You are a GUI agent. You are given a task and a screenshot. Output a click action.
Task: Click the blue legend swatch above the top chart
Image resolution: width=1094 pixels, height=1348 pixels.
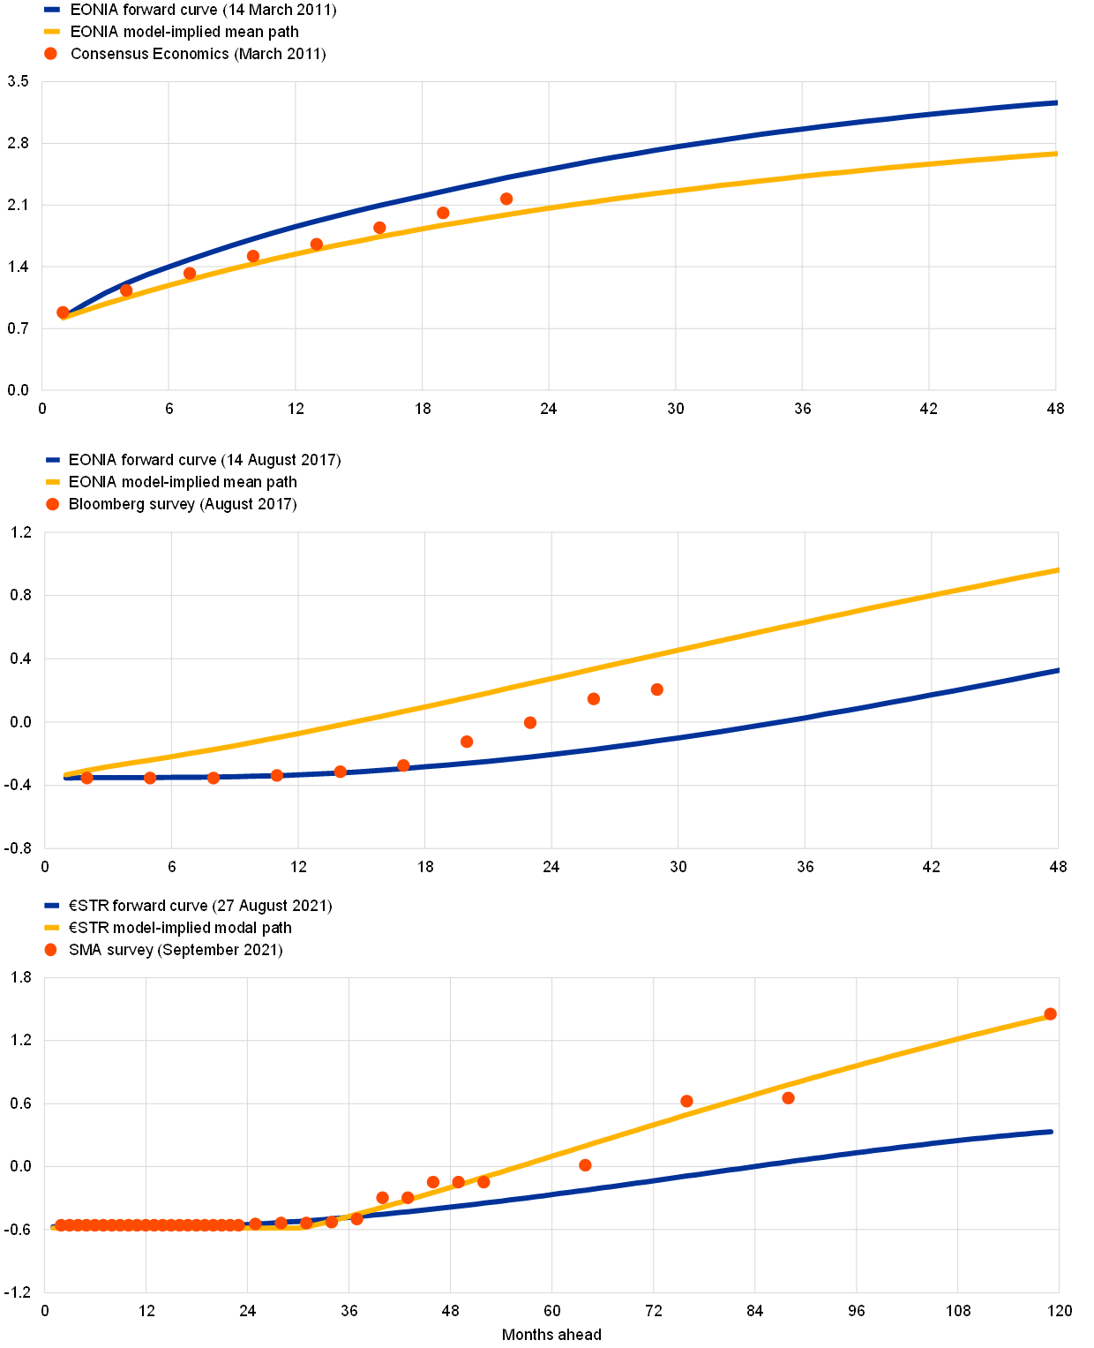(x=52, y=10)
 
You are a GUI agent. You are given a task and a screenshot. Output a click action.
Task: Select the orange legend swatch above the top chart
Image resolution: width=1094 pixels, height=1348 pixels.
(x=52, y=31)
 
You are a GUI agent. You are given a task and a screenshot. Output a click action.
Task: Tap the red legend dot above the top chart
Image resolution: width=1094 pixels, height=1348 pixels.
(x=50, y=53)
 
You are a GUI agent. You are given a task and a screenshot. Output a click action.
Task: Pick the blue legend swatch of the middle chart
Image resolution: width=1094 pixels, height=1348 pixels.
(x=53, y=460)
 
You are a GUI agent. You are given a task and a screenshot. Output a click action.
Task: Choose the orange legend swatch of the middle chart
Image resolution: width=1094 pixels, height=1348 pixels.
(x=53, y=482)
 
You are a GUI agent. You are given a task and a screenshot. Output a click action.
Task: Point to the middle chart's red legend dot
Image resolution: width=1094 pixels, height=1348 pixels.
(x=52, y=504)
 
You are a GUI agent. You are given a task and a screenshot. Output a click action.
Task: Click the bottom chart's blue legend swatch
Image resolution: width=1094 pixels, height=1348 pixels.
(x=51, y=905)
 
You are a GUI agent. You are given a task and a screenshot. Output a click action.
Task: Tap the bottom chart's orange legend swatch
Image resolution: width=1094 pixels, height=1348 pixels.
(x=51, y=927)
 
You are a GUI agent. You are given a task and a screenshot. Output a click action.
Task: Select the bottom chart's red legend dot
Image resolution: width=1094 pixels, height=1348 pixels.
(x=50, y=950)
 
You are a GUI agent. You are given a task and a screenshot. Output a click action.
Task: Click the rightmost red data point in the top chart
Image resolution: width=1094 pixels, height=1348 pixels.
(x=506, y=199)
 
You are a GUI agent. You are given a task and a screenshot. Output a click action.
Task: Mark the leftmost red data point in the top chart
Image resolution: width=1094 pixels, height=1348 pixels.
(x=63, y=313)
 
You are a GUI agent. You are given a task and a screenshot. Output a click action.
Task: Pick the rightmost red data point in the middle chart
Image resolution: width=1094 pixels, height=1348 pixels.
(x=656, y=689)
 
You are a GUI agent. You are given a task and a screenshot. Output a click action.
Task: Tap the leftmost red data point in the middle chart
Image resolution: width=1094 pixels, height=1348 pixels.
(x=86, y=778)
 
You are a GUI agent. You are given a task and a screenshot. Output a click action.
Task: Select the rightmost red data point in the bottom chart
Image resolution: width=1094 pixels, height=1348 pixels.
(x=1050, y=1013)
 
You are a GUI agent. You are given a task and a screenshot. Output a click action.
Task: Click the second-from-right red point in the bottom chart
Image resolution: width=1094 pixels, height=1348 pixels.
(x=788, y=1098)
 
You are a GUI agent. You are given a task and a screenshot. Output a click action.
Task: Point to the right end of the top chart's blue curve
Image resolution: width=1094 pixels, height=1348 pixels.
(x=1055, y=103)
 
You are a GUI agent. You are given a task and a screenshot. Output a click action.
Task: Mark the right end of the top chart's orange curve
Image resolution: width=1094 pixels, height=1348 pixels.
(x=1055, y=154)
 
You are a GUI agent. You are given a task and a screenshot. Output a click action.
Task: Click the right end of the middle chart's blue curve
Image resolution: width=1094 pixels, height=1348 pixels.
(x=1057, y=671)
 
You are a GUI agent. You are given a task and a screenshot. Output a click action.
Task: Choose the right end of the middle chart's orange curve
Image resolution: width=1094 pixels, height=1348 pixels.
(x=1057, y=570)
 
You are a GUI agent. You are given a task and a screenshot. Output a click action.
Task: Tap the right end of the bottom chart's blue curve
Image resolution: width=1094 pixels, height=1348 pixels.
(x=1052, y=1131)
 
